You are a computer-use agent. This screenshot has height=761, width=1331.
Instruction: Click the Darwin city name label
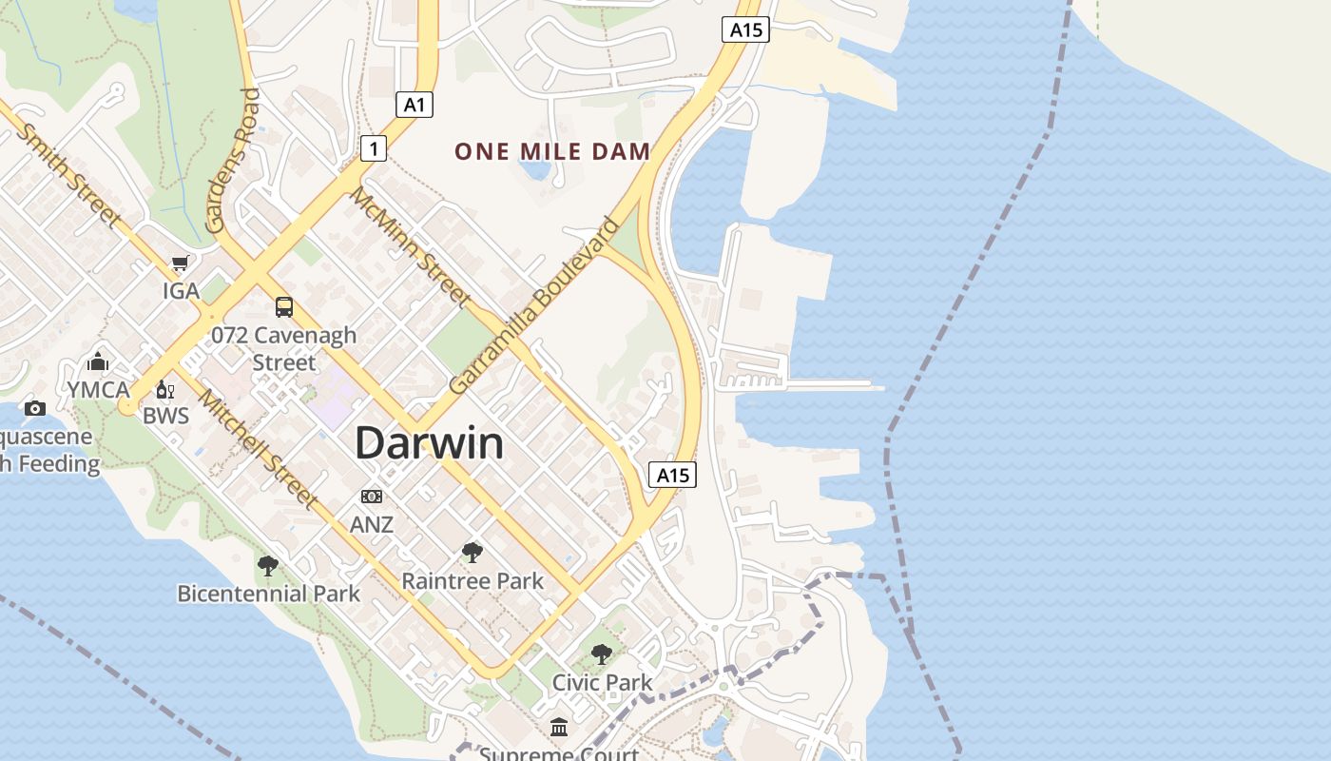click(429, 444)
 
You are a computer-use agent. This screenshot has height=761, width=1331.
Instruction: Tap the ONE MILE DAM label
click(552, 151)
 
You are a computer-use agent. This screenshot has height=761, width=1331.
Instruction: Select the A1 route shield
click(415, 104)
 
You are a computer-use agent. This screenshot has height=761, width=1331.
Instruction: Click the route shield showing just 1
click(374, 147)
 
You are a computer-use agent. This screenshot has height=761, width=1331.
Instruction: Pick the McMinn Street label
click(411, 247)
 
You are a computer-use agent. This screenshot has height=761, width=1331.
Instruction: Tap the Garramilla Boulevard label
click(533, 306)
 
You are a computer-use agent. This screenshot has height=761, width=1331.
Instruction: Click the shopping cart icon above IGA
click(180, 263)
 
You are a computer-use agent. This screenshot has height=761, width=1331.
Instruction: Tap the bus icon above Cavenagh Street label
click(283, 306)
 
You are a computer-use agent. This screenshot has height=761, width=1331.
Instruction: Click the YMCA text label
click(98, 390)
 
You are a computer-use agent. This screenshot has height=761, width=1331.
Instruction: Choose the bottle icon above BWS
click(165, 390)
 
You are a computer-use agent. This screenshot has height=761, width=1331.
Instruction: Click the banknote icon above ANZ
click(372, 497)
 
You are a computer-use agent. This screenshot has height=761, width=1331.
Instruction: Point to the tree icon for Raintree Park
click(472, 553)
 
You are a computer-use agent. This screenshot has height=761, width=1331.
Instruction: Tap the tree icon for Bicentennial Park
click(268, 566)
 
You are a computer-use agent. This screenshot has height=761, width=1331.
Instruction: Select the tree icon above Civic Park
click(601, 654)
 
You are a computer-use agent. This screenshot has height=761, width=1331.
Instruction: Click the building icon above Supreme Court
click(559, 728)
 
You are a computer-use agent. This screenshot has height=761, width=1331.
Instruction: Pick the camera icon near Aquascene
click(35, 409)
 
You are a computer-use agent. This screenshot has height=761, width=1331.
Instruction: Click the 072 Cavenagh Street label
click(283, 348)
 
